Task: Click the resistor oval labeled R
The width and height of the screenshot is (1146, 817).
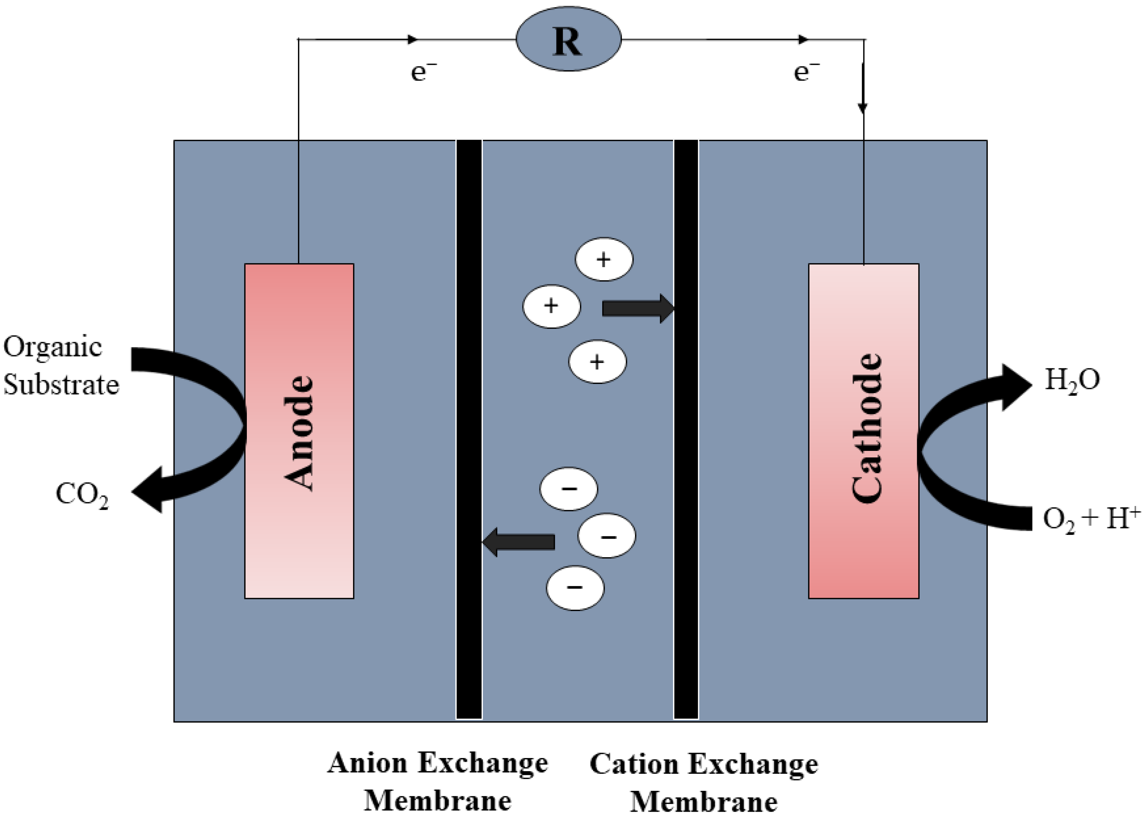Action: click(x=568, y=40)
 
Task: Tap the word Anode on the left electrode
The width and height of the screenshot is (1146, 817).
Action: click(x=300, y=433)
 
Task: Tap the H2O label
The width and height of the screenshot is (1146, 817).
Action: click(x=1072, y=380)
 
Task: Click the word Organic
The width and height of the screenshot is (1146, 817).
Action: click(x=53, y=348)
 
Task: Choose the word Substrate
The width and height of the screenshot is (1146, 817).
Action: click(x=61, y=385)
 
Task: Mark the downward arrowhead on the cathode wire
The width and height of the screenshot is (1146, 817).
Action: click(x=863, y=107)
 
